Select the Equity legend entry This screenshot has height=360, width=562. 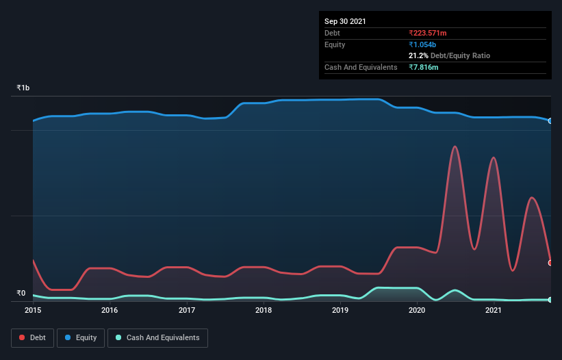pos(81,337)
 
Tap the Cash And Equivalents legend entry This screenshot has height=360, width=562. pos(157,337)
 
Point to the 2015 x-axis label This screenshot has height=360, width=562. pos(33,310)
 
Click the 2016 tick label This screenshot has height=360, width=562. pos(110,310)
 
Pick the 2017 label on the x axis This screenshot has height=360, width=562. pos(187,310)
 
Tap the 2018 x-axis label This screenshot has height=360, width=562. pos(264,310)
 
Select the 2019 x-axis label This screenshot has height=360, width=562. pos(341,310)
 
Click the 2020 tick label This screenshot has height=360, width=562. pos(418,310)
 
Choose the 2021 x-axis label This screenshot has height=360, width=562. pos(494,310)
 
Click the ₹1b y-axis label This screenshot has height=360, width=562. pos(23,88)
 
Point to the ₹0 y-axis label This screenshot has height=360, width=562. pos(21,294)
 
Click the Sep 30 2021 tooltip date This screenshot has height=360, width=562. pos(345,21)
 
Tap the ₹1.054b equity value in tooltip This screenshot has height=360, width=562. pos(424,44)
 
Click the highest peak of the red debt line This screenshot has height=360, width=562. pos(455,146)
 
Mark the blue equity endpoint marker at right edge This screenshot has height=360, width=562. pos(550,121)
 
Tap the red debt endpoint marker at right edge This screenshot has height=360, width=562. pos(550,263)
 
